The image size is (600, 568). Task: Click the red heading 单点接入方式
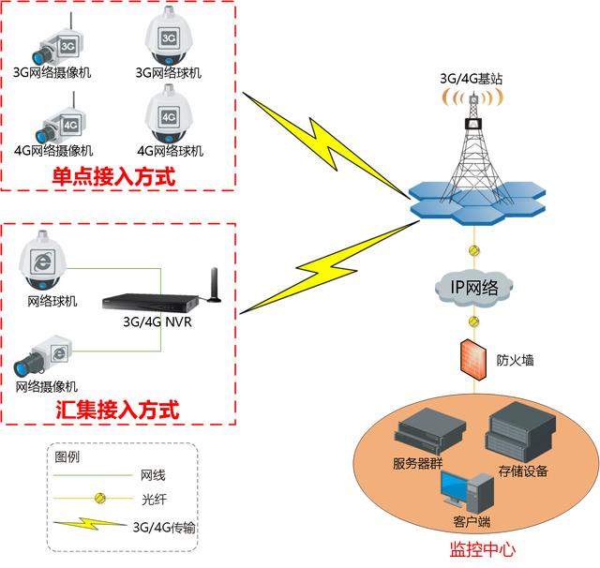[x=113, y=174]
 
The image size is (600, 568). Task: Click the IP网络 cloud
[x=474, y=285]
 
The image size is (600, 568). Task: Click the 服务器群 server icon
[x=430, y=433]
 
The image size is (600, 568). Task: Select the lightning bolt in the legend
[x=90, y=526]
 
